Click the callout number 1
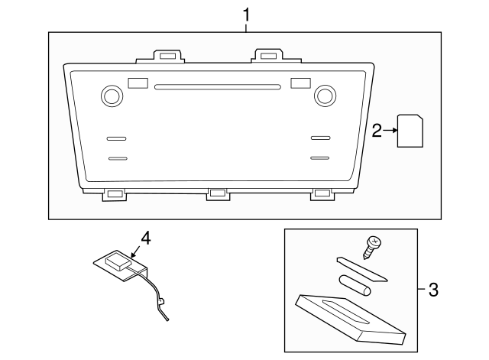pyautogui.click(x=246, y=15)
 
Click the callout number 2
pyautogui.click(x=377, y=131)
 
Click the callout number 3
pyautogui.click(x=433, y=290)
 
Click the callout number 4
pyautogui.click(x=146, y=238)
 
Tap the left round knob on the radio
pyautogui.click(x=112, y=96)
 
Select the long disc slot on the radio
pyautogui.click(x=218, y=86)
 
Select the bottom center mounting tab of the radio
pyautogui.click(x=217, y=194)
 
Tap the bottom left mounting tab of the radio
pyautogui.click(x=114, y=194)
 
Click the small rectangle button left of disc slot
pyautogui.click(x=138, y=83)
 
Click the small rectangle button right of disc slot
pyautogui.click(x=300, y=83)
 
